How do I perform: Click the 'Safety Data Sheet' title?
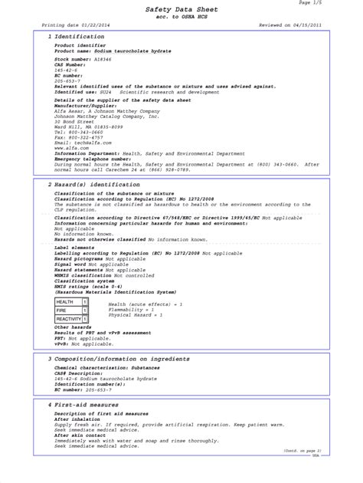tap(182, 8)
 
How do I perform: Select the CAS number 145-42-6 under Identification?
tap(66, 71)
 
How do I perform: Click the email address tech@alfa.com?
tap(89, 142)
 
